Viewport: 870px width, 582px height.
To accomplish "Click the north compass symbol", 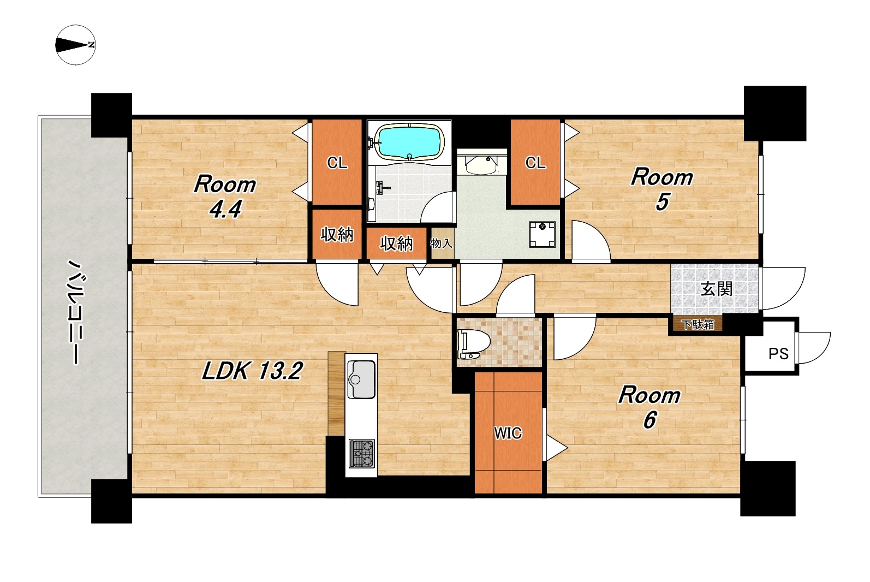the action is coord(75,45).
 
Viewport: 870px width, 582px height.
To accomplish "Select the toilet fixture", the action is coord(473,344).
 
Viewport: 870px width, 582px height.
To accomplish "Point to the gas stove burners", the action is coord(362,453).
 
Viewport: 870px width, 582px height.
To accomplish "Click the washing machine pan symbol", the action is coord(542,234).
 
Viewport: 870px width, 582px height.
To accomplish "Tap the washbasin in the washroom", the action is coord(481,165).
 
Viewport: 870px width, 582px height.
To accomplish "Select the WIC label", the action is coord(508,433).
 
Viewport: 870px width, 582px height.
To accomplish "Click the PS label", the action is coord(778,354).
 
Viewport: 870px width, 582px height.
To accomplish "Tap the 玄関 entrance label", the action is coord(717,289).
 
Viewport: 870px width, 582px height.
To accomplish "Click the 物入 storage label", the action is coord(441,244).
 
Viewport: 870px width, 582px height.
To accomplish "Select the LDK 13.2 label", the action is coord(252,371).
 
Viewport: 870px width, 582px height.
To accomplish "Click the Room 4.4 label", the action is coord(225,196).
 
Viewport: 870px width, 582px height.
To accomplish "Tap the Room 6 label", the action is coord(649,407).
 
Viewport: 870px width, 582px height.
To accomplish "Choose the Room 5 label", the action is coord(662,189).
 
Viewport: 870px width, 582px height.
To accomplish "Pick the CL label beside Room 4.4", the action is coord(337,163).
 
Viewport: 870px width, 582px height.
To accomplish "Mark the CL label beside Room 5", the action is coord(535,163).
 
